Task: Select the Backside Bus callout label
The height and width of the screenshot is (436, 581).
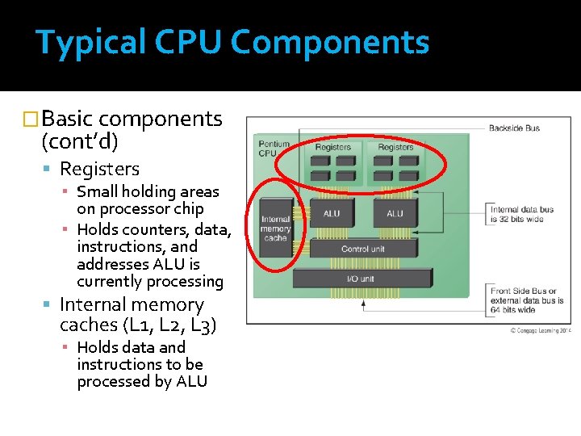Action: point(514,128)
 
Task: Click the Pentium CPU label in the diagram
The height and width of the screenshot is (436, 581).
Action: point(273,148)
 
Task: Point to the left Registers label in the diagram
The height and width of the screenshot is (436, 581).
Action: point(332,147)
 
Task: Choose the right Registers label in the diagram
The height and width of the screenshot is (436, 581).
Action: point(395,147)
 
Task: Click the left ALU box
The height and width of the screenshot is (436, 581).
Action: point(332,214)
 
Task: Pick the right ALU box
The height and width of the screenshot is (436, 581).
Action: point(395,214)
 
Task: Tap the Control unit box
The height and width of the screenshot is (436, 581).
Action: point(364,249)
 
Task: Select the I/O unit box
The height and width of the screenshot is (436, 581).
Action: point(364,279)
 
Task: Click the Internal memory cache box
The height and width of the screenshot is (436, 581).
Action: point(275,228)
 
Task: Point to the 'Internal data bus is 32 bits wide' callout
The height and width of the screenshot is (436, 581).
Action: point(522,214)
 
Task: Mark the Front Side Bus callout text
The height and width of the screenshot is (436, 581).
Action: point(527,300)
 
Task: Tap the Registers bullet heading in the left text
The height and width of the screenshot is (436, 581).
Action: point(99,169)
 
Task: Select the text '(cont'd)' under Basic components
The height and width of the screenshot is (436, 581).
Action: point(79,142)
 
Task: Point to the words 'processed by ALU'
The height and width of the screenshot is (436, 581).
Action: point(142,382)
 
